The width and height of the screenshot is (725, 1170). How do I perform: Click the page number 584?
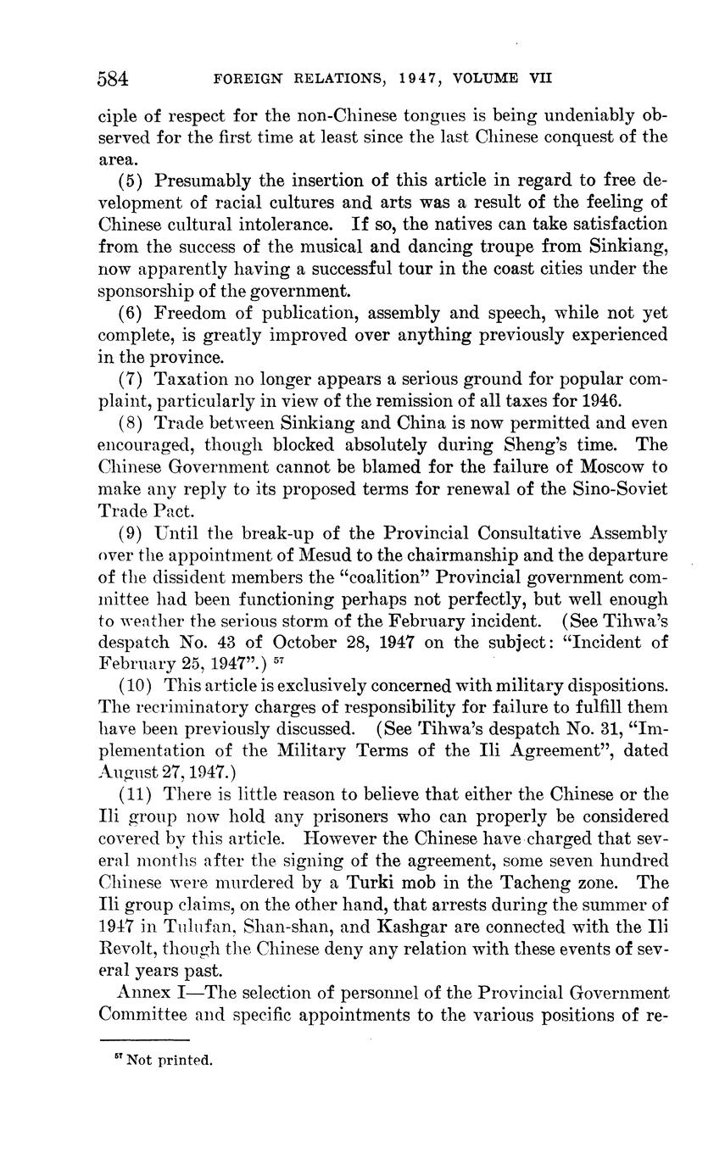pyautogui.click(x=114, y=80)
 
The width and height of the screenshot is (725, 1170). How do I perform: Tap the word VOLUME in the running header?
pyautogui.click(x=489, y=79)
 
